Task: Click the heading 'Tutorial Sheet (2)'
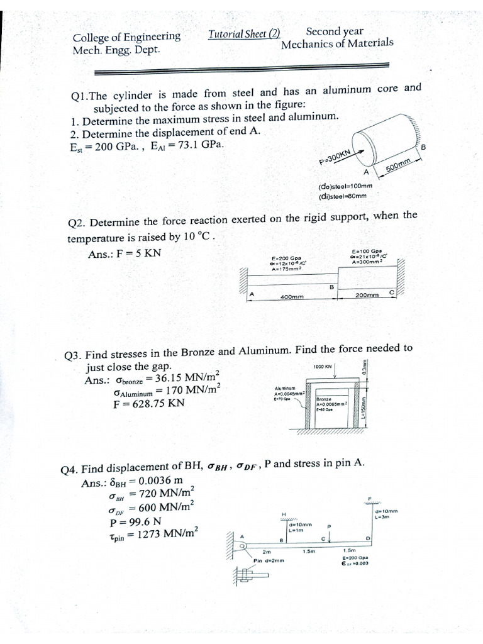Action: pos(244,35)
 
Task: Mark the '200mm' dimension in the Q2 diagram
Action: pos(367,295)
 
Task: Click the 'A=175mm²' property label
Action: pos(287,269)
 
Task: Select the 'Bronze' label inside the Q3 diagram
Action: pos(324,399)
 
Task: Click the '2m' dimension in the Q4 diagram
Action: pos(257,552)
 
